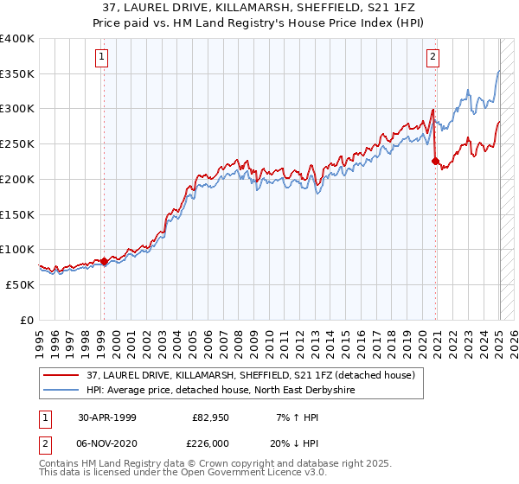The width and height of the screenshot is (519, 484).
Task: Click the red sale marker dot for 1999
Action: click(x=104, y=260)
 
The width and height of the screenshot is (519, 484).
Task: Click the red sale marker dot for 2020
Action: click(x=435, y=160)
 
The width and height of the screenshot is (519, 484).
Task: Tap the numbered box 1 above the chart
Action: click(x=102, y=58)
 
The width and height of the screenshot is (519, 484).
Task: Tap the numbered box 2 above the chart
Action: click(x=432, y=58)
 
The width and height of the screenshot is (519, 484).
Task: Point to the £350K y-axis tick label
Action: click(x=17, y=74)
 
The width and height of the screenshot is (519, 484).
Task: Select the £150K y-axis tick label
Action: click(x=17, y=214)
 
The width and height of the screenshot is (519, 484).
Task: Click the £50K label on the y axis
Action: click(x=21, y=284)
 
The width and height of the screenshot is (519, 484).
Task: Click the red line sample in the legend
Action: click(x=61, y=375)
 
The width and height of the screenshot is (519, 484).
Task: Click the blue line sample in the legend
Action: click(x=61, y=390)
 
